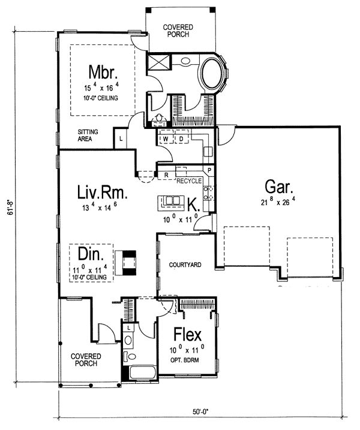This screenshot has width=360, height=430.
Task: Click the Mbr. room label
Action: [103, 72]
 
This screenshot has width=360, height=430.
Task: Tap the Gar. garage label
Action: [279, 187]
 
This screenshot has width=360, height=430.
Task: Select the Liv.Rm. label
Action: [103, 192]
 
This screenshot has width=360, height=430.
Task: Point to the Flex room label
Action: [188, 334]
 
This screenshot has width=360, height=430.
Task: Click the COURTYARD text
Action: [185, 265]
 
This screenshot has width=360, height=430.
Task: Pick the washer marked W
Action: [166, 139]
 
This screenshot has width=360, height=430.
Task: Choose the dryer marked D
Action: [181, 139]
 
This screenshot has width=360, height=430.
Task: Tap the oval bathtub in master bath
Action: [212, 73]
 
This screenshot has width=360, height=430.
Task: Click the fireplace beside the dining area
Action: [125, 263]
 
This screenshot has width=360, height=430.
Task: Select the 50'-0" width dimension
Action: [200, 411]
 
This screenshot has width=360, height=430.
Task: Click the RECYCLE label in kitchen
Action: [189, 181]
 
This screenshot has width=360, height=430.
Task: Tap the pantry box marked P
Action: [209, 170]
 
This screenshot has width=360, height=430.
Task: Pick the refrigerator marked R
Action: [166, 175]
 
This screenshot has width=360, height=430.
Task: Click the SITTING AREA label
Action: [88, 136]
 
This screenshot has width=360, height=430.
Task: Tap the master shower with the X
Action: [158, 62]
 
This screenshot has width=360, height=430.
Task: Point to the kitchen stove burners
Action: [209, 193]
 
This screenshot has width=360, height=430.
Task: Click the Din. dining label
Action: [91, 254]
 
